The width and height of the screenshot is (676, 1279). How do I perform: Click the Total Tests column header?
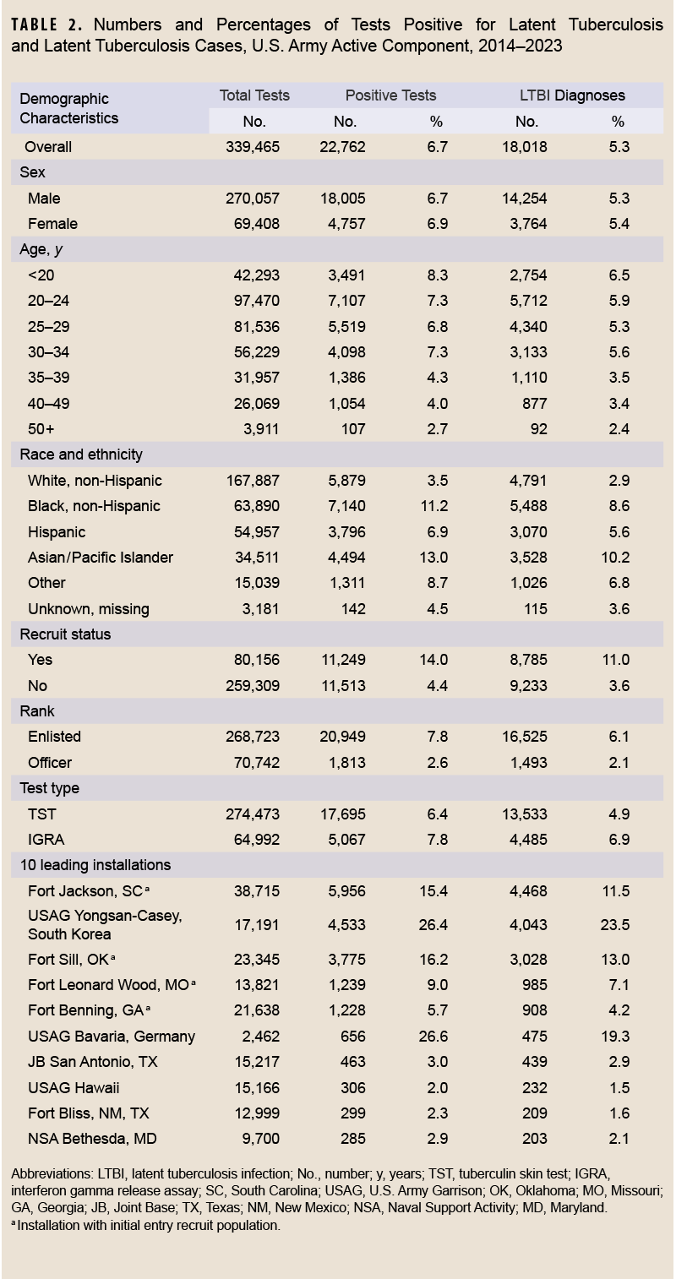pyautogui.click(x=254, y=95)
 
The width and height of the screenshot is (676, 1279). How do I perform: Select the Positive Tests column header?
pyautogui.click(x=390, y=95)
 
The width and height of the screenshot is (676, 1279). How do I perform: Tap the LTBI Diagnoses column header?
pyautogui.click(x=572, y=95)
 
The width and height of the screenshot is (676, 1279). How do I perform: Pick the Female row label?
pyautogui.click(x=52, y=224)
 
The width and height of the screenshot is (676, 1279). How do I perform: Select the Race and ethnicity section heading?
pyautogui.click(x=81, y=454)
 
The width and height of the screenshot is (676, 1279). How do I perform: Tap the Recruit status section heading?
pyautogui.click(x=65, y=634)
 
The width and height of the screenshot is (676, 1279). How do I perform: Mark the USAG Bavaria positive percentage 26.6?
pyautogui.click(x=435, y=1037)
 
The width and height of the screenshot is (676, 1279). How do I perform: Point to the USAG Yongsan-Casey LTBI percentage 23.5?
pyautogui.click(x=618, y=925)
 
